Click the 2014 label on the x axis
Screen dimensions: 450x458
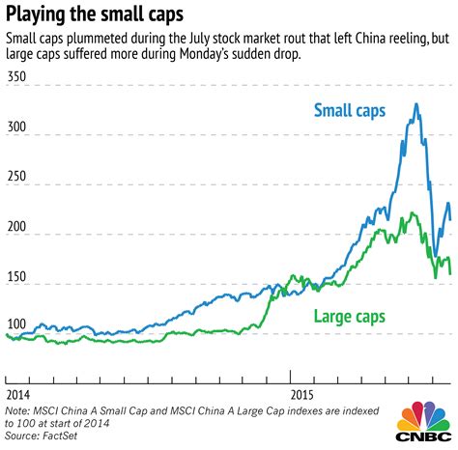[18, 394]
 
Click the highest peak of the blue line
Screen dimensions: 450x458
[416, 104]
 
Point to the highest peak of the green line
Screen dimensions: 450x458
[413, 213]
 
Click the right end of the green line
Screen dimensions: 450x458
[450, 274]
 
